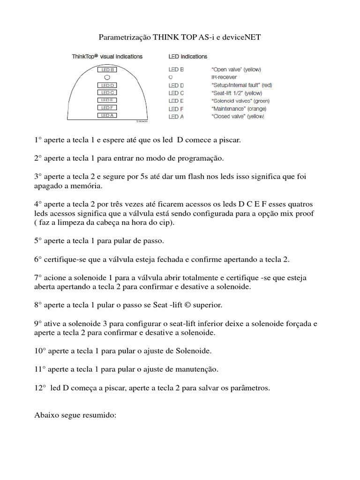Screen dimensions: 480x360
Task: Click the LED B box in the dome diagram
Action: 107,70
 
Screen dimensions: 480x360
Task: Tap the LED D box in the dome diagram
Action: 107,85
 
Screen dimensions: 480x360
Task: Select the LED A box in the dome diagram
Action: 107,115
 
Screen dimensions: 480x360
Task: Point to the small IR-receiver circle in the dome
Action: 107,77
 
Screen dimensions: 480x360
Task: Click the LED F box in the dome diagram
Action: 107,108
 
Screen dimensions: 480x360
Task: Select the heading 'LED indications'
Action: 187,57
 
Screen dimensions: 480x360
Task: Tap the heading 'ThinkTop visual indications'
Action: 107,57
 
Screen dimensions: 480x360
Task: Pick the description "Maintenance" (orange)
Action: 239,109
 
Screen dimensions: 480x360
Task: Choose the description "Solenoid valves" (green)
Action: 240,101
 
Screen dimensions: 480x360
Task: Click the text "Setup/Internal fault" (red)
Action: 241,85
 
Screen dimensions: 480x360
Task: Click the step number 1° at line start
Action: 38,140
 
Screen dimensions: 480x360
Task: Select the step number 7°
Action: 38,278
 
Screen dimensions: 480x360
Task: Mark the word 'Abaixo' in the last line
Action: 46,415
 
